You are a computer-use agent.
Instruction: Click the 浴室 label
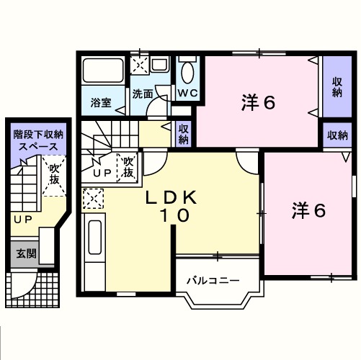click(x=101, y=103)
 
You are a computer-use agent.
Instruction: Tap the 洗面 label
click(x=143, y=94)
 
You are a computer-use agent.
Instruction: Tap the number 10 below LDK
click(x=174, y=215)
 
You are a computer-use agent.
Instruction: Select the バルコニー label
click(x=213, y=279)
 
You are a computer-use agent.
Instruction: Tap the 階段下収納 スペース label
click(x=38, y=140)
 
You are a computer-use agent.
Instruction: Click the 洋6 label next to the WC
click(x=257, y=103)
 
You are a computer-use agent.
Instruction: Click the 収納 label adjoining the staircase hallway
click(x=184, y=135)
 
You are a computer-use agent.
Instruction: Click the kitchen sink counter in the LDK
click(x=94, y=245)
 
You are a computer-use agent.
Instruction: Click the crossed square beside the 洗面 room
click(x=141, y=66)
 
